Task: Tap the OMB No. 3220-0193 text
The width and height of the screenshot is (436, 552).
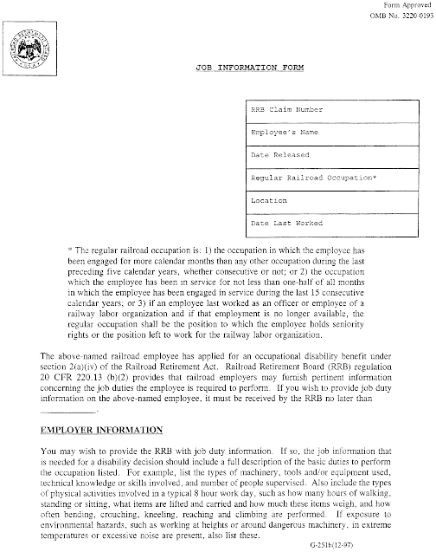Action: point(400,16)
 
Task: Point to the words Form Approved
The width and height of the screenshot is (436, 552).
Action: point(407,6)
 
